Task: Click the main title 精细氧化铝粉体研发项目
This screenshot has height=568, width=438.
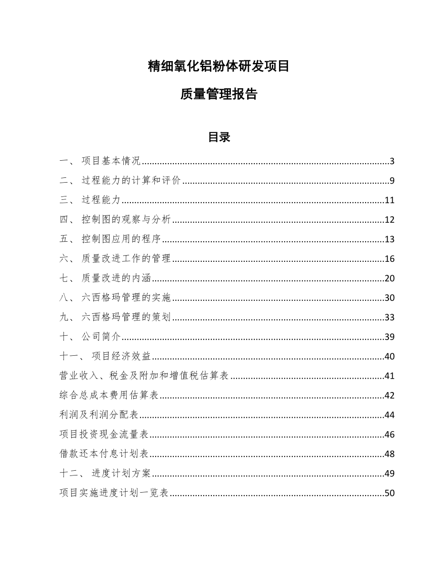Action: pyautogui.click(x=219, y=67)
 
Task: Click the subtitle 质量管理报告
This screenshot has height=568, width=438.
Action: pyautogui.click(x=219, y=94)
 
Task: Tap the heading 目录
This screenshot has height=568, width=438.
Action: pyautogui.click(x=219, y=137)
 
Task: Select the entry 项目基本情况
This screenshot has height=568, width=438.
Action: pyautogui.click(x=110, y=161)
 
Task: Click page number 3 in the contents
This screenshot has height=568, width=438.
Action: pyautogui.click(x=392, y=161)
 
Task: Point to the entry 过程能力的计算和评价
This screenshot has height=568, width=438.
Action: pyautogui.click(x=131, y=181)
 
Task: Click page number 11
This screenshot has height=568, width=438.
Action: pyautogui.click(x=389, y=200)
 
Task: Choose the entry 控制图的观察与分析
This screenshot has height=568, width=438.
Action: pyautogui.click(x=126, y=220)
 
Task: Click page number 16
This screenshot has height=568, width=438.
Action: pyautogui.click(x=389, y=259)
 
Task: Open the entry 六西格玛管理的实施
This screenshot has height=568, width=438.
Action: pyautogui.click(x=126, y=298)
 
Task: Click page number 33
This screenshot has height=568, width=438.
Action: pyautogui.click(x=389, y=318)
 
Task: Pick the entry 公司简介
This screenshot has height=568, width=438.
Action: pyautogui.click(x=101, y=337)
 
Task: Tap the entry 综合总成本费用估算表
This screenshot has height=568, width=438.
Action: pyautogui.click(x=109, y=396)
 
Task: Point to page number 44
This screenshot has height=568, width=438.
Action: pyautogui.click(x=389, y=415)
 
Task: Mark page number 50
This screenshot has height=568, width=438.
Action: pyautogui.click(x=389, y=494)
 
